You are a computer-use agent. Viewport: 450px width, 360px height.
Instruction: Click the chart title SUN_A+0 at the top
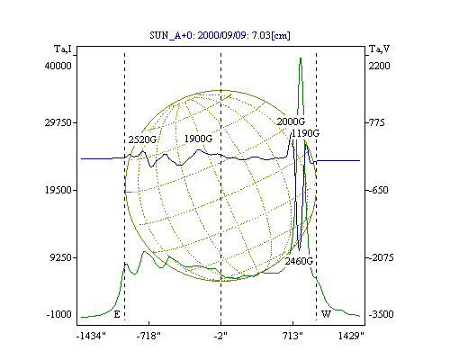(x=220, y=35)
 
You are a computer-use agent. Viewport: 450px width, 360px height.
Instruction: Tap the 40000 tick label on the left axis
(x=58, y=66)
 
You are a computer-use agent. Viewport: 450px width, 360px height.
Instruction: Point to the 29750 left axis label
(x=58, y=122)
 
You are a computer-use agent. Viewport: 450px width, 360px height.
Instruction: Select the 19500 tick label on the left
(x=58, y=190)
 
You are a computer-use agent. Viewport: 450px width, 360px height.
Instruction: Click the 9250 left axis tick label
(x=61, y=257)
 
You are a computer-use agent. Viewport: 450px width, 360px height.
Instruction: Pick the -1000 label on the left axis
(x=59, y=314)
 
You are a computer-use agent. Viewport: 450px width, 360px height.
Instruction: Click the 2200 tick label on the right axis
(x=379, y=66)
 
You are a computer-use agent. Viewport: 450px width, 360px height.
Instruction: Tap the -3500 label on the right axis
(x=381, y=314)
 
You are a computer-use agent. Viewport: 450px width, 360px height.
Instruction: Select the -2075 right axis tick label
(x=381, y=257)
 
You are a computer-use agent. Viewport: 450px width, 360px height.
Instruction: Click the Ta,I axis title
(x=63, y=49)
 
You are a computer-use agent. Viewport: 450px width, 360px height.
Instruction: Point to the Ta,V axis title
(x=380, y=49)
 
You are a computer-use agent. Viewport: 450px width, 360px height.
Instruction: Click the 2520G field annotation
(x=142, y=139)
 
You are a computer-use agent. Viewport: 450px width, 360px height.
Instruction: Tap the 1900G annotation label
(x=198, y=139)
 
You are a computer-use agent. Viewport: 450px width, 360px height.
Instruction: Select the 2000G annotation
(x=291, y=121)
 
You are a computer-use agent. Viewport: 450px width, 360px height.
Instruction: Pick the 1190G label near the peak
(x=306, y=133)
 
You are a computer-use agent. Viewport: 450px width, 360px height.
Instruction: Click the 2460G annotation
(x=299, y=261)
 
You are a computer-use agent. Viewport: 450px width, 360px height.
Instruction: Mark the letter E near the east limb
(x=117, y=314)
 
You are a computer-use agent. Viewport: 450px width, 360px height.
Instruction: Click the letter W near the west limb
(x=326, y=314)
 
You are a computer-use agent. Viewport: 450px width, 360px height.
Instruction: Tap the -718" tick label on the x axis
(x=148, y=336)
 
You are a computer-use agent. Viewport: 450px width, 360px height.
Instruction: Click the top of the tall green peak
(x=301, y=58)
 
